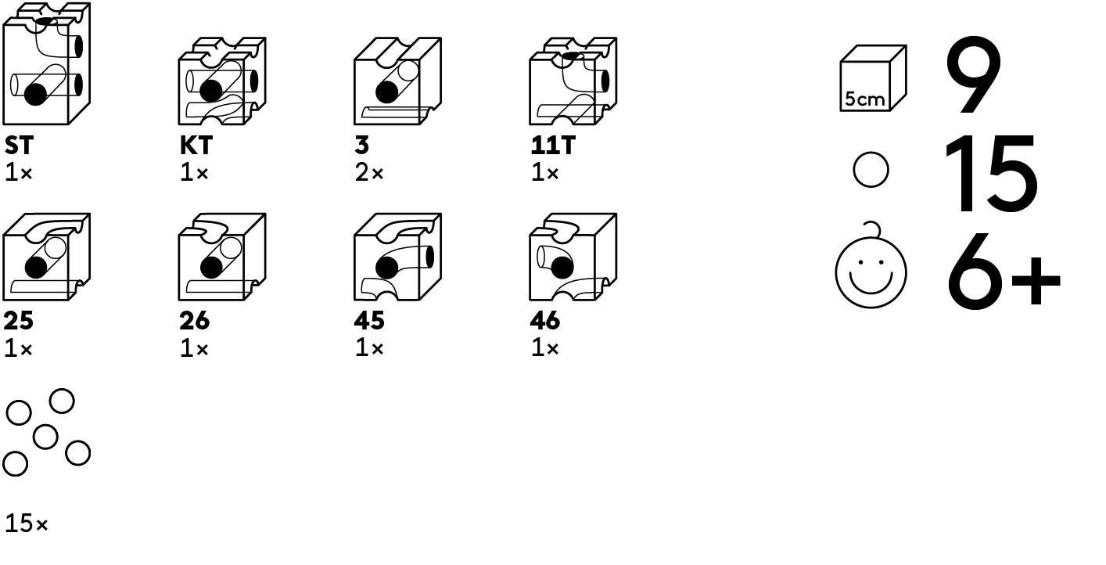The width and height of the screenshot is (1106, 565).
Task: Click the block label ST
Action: pos(19,146)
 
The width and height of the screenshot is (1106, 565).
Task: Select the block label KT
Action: pos(196,146)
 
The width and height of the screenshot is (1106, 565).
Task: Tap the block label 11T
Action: pos(553,146)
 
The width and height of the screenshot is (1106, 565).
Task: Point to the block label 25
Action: pos(18,321)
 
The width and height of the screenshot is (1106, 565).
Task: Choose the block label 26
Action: pos(195,321)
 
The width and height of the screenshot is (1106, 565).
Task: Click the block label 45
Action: pos(369,321)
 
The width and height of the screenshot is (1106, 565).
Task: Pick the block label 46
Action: pos(545,321)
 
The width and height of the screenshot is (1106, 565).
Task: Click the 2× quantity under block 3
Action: pos(369,173)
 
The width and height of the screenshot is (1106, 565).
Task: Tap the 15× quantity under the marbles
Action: pos(26,524)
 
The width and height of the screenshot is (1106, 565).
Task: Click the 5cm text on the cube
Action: pos(864,99)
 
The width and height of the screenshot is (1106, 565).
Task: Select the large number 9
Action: pos(973,75)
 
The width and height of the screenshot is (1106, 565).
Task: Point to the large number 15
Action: pos(991,173)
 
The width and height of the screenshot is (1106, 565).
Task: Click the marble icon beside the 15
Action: pos(871,170)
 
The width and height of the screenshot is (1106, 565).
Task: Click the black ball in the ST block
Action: pos(35,94)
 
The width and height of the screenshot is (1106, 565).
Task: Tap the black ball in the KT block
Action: pos(211,91)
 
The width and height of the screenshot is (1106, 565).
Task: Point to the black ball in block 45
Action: pos(386,268)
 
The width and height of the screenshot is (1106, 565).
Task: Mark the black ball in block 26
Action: pos(211,268)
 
